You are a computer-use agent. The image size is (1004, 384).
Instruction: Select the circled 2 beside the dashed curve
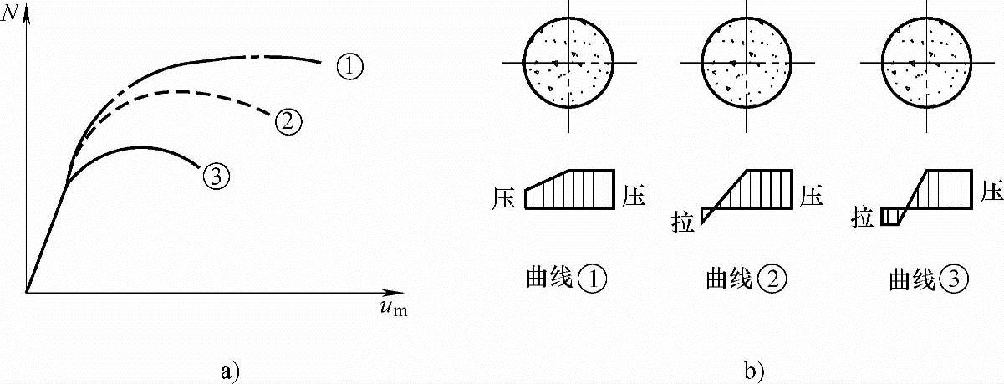click(287, 122)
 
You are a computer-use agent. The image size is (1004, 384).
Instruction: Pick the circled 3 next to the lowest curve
click(215, 176)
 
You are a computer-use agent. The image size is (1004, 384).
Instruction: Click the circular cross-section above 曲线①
click(568, 63)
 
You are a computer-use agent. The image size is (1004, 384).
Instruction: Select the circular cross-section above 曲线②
click(747, 63)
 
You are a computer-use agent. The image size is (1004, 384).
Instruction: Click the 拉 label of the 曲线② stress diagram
click(684, 224)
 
